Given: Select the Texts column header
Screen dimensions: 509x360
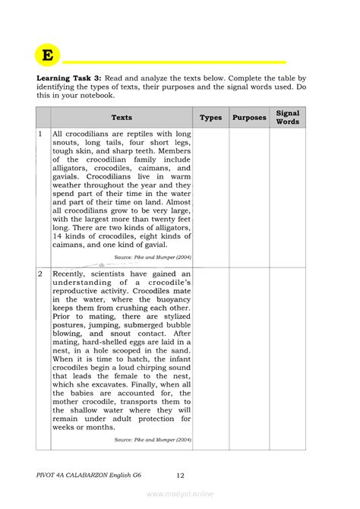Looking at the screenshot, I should click(x=122, y=118).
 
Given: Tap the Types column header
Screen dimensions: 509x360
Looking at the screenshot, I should click(x=210, y=118).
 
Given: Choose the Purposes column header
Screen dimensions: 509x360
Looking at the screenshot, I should click(x=249, y=118).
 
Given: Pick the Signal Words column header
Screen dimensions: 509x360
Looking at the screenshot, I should click(x=288, y=117).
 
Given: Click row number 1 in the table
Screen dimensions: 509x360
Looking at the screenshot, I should click(x=40, y=134).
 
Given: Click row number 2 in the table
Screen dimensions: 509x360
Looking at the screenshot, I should click(x=40, y=273).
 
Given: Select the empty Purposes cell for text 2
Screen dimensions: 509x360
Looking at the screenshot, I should click(x=249, y=357).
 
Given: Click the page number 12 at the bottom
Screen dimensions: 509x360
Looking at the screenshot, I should click(x=180, y=476).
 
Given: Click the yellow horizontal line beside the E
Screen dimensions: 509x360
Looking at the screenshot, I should click(x=175, y=62).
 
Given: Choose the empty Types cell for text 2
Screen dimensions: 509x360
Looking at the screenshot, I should click(x=210, y=357).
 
